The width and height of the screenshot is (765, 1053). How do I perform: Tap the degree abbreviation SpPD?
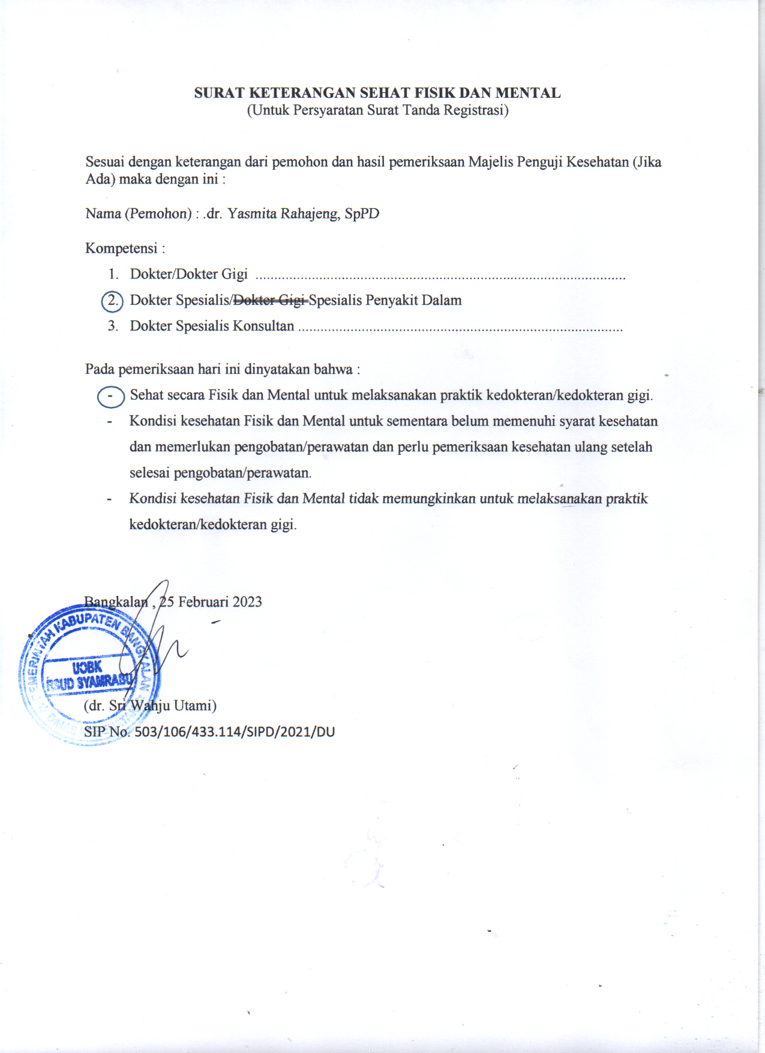[x=362, y=214]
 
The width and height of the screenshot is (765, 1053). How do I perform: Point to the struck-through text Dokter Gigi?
[x=269, y=300]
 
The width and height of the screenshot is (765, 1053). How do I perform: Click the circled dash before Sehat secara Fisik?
[x=110, y=397]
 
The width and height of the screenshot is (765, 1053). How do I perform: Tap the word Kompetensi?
[x=121, y=248]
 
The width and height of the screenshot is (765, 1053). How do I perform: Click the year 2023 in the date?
[x=247, y=602]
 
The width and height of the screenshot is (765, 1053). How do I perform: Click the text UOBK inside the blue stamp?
[x=87, y=667]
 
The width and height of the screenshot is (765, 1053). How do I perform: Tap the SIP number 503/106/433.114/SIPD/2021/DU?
[x=234, y=732]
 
